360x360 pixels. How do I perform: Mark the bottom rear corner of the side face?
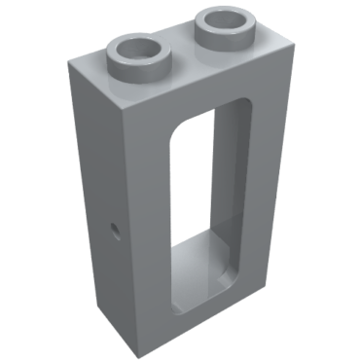coord(77,292)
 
